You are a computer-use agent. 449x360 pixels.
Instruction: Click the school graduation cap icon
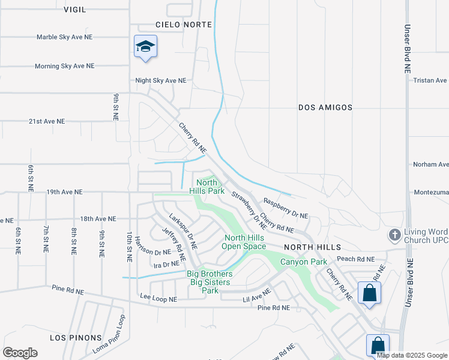click(145, 47)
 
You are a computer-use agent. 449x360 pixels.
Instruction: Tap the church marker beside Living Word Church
click(395, 234)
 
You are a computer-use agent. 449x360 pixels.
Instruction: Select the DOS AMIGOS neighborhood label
click(325, 107)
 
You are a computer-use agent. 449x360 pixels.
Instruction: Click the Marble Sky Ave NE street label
click(64, 37)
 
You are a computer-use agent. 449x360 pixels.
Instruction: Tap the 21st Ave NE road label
click(47, 121)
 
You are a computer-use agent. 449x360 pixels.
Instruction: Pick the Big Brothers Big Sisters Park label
click(209, 282)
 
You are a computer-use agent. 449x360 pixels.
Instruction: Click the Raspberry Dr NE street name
click(285, 208)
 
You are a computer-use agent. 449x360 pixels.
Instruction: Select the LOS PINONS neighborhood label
click(76, 338)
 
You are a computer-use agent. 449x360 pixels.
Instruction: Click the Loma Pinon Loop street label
click(109, 334)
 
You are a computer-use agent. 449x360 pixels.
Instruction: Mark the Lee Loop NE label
click(158, 298)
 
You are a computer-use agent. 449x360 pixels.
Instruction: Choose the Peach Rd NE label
click(355, 259)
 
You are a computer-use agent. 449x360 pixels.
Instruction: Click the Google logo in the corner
click(20, 353)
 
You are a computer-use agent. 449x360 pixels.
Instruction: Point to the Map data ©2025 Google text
click(412, 355)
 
